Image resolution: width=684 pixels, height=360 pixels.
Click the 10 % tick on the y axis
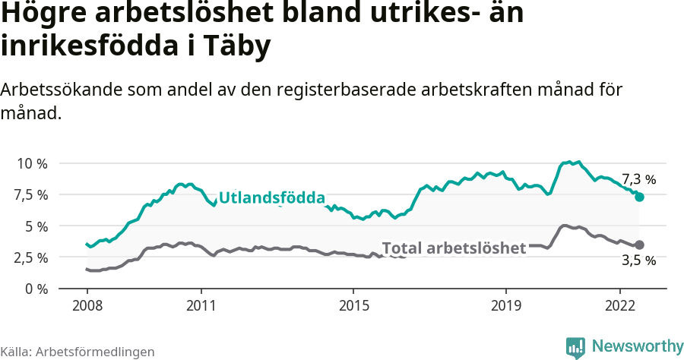31,163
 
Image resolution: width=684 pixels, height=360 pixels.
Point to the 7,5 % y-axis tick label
31,194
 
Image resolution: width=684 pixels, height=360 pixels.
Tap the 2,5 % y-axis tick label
31,257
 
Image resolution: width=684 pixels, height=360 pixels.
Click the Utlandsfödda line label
272,197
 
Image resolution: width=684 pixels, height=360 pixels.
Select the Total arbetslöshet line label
454,248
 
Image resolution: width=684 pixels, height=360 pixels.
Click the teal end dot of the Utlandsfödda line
639,197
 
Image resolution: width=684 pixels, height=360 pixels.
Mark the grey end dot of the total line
639,245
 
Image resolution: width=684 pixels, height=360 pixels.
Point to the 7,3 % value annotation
638,179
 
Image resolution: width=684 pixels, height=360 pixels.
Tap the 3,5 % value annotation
638,261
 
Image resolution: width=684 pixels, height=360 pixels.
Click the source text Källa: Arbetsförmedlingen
78,352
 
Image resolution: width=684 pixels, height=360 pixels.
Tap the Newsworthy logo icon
575,347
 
